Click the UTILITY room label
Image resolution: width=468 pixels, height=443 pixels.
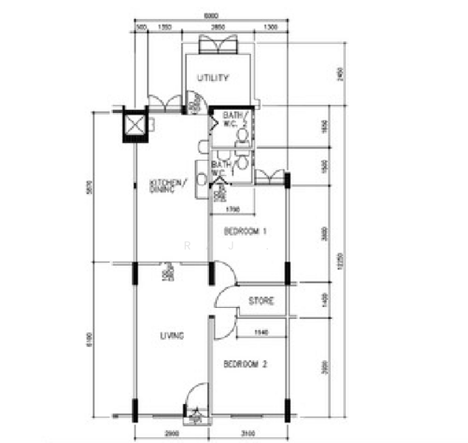coord(213,78)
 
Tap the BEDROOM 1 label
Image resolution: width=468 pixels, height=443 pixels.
coord(244,231)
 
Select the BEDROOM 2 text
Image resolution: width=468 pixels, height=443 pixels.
coord(244,364)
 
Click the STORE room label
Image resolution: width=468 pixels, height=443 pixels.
coord(261,301)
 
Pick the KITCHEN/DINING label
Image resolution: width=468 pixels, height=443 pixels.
coord(168,185)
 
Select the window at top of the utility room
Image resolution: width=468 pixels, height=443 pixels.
coord(218,44)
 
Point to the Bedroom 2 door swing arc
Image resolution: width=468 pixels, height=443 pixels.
coord(224,326)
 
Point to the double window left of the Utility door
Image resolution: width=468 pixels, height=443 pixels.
coord(163,104)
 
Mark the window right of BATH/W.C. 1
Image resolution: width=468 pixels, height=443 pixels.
coord(269,176)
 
